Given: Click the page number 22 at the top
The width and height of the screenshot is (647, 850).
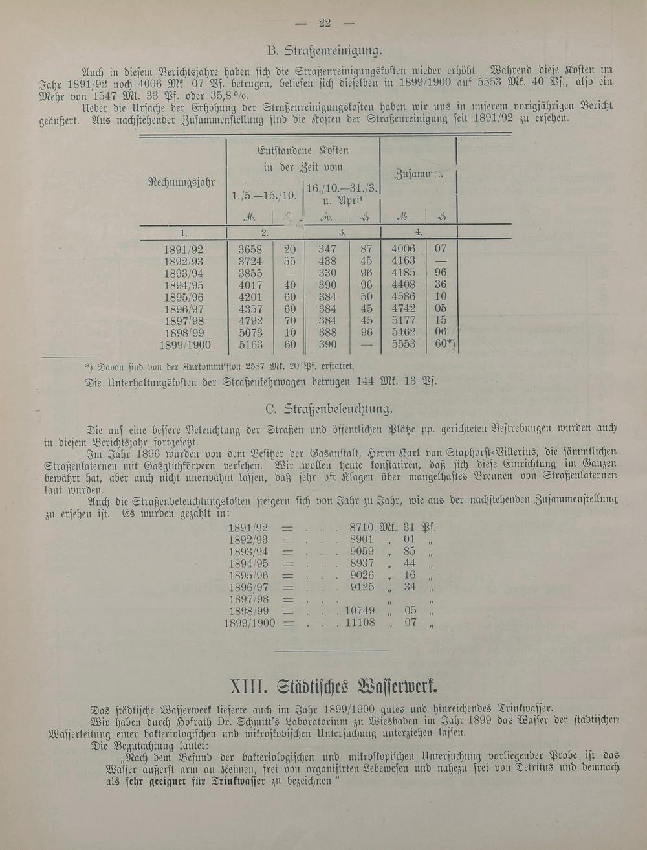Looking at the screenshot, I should click(325, 23).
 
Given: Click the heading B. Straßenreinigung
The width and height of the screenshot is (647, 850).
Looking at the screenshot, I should click(324, 50).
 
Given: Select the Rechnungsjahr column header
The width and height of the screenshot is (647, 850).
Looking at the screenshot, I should click(182, 182).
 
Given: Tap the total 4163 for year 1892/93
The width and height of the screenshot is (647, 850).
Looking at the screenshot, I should click(404, 261).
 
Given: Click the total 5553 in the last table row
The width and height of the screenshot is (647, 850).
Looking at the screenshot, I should click(404, 345).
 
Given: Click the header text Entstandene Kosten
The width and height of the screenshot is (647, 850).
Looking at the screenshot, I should click(303, 151).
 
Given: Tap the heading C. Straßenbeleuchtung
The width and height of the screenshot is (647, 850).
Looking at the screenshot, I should click(329, 409).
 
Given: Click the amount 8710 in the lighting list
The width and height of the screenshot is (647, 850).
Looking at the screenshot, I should click(362, 527).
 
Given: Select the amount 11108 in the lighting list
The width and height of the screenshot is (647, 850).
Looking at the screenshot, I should click(360, 623).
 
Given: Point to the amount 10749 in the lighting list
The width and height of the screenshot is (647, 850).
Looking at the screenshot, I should click(360, 610).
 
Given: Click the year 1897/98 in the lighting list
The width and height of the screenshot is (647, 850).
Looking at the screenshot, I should click(248, 599).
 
